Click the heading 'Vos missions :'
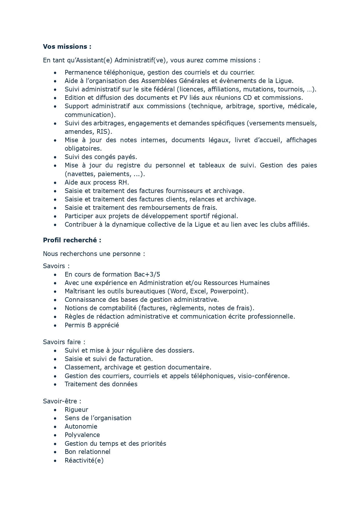pos(67,46)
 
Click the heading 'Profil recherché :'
pos(72,240)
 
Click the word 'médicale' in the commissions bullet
pos(302,106)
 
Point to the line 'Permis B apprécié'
pos(92,325)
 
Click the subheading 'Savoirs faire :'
pos(64,342)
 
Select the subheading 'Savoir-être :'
pos(62,401)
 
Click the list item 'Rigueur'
pos(76,409)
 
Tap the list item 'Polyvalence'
pos(82,435)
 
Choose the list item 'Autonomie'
pos(81,426)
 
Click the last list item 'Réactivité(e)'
pos(84,460)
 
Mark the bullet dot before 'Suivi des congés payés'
pos(55,157)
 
